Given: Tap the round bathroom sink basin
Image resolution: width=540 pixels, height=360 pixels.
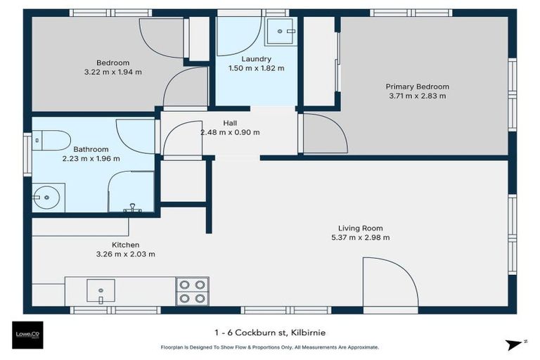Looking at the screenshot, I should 47,198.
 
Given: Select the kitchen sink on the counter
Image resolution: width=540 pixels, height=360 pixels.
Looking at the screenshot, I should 100,289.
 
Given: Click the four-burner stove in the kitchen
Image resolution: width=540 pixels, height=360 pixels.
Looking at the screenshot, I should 192,291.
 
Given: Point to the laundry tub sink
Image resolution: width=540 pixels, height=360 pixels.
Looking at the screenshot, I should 283,30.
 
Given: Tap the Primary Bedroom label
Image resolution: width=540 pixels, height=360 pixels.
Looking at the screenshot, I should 417,86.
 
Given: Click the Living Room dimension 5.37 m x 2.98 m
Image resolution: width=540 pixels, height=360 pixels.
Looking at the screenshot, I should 360,238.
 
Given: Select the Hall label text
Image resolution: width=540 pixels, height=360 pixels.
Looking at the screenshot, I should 230,123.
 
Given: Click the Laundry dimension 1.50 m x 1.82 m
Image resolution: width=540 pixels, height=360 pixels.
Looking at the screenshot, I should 256,68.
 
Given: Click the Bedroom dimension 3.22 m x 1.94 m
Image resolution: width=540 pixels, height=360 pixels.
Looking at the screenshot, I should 113,72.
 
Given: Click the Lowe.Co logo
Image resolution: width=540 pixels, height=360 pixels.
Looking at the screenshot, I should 27,335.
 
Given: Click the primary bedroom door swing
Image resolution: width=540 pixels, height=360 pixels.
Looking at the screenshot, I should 323,133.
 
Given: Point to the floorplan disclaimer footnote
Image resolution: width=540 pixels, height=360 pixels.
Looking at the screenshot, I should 270,347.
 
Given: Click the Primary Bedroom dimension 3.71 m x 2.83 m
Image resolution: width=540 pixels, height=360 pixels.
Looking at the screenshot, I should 417,96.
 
